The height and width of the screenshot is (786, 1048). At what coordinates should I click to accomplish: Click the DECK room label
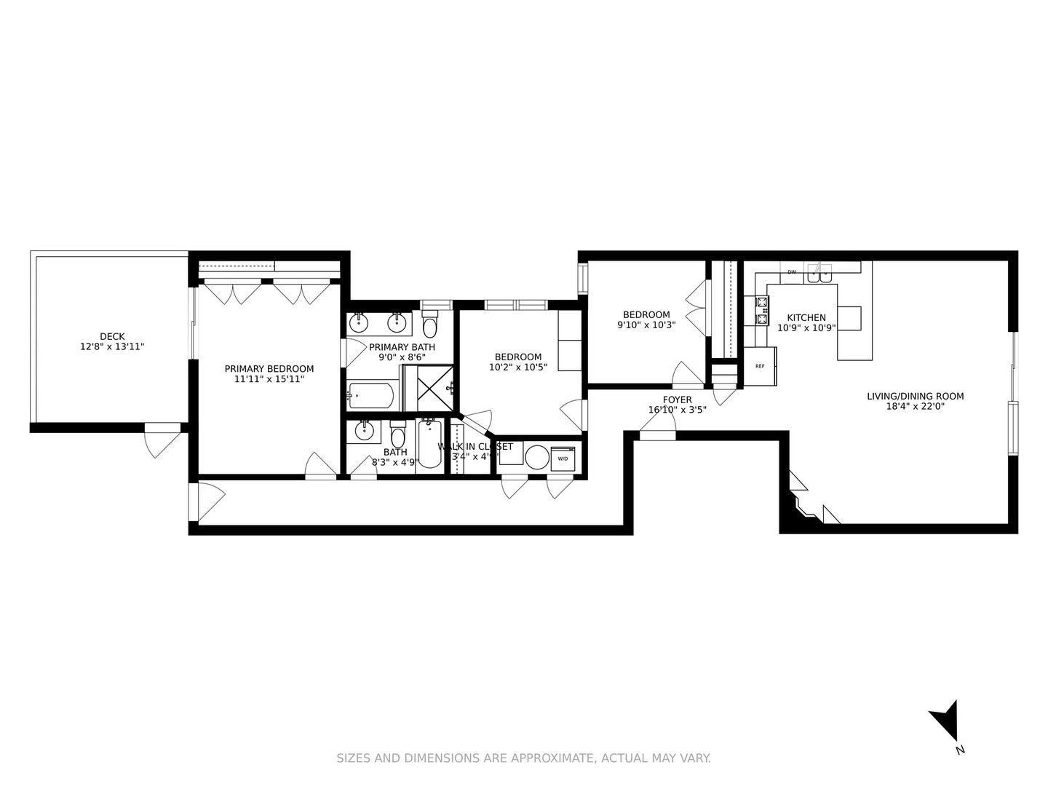(x=112, y=336)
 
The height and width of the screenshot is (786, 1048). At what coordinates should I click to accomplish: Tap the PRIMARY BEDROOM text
(x=269, y=369)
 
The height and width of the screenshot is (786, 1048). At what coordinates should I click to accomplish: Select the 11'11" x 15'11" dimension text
(x=269, y=379)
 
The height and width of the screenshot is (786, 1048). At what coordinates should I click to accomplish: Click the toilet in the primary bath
(x=429, y=323)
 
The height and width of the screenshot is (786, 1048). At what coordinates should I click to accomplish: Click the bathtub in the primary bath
(x=371, y=396)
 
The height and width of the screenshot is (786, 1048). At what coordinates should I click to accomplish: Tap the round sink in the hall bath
(x=363, y=432)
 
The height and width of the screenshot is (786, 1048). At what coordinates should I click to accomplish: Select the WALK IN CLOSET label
(x=475, y=447)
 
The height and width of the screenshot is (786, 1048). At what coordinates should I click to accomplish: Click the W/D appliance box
(x=563, y=458)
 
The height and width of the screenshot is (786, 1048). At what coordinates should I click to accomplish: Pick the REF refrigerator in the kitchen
(x=759, y=366)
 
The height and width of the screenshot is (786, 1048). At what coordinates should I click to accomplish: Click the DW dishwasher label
(x=791, y=272)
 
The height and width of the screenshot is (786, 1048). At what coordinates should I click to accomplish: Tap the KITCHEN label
(x=806, y=317)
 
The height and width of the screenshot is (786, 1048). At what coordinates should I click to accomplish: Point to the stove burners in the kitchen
(x=761, y=310)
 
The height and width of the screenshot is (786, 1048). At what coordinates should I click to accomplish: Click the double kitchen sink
(x=822, y=275)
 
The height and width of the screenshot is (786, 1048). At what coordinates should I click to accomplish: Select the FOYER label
(x=677, y=400)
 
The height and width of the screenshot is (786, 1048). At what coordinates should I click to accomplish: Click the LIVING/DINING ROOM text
(x=915, y=397)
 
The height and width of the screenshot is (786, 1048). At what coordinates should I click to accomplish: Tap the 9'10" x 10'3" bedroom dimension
(x=646, y=325)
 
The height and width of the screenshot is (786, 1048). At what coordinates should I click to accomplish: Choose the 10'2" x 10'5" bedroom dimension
(x=518, y=368)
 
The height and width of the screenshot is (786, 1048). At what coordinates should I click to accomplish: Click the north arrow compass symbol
(x=945, y=720)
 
